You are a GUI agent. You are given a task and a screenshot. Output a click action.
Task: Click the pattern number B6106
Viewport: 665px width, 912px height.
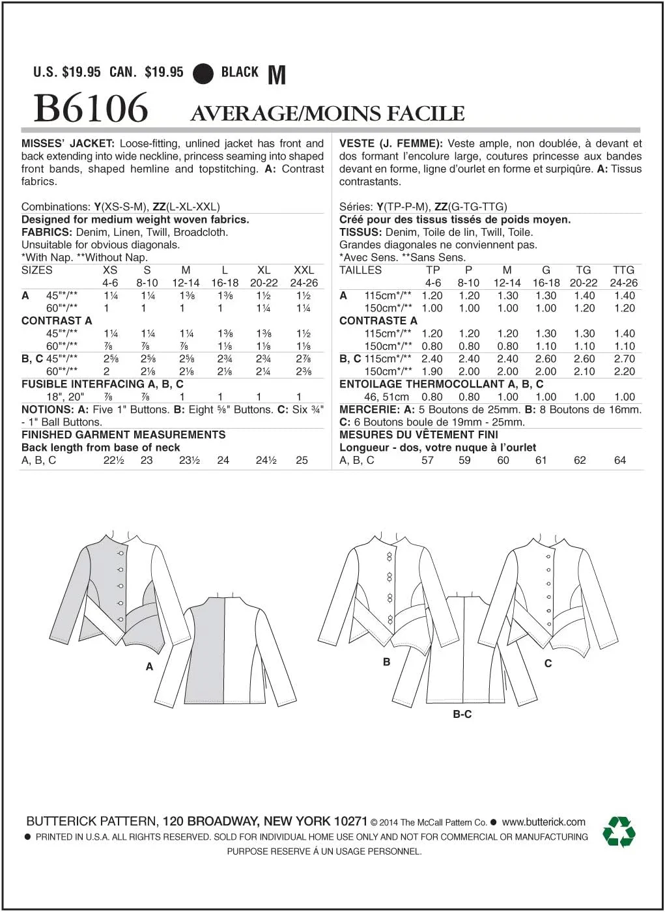(x=91, y=108)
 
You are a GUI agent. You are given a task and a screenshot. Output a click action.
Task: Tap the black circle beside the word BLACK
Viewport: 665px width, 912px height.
(x=203, y=74)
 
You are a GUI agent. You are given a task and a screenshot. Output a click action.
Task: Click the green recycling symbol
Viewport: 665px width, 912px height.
(x=618, y=832)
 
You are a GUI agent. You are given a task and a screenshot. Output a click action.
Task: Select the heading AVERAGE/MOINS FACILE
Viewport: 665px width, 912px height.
(x=328, y=114)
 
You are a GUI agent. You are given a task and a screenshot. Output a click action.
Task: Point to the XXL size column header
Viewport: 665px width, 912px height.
(x=304, y=270)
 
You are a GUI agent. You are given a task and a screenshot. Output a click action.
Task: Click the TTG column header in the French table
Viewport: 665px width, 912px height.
(x=623, y=270)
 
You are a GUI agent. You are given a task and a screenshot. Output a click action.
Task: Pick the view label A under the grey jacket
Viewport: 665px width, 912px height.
(x=150, y=666)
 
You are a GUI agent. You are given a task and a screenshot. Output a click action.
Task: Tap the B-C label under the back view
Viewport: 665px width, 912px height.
(x=462, y=715)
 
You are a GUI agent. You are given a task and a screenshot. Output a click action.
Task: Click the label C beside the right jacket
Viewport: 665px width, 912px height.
(x=548, y=663)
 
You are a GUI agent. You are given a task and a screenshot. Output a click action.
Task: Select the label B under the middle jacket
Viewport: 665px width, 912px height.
(x=386, y=662)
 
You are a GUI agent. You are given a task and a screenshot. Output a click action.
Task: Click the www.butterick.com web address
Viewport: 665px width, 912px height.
(x=543, y=822)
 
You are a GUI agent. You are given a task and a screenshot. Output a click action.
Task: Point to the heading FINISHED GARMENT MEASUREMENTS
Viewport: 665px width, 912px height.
(x=123, y=435)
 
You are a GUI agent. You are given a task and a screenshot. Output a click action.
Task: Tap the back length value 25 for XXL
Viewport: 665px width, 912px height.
(x=302, y=460)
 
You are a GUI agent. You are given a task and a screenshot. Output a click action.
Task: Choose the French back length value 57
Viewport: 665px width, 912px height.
(x=427, y=460)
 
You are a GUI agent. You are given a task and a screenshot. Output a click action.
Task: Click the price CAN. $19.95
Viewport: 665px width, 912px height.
(x=147, y=72)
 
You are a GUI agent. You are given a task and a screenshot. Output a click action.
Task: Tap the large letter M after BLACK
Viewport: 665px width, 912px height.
(x=277, y=75)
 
